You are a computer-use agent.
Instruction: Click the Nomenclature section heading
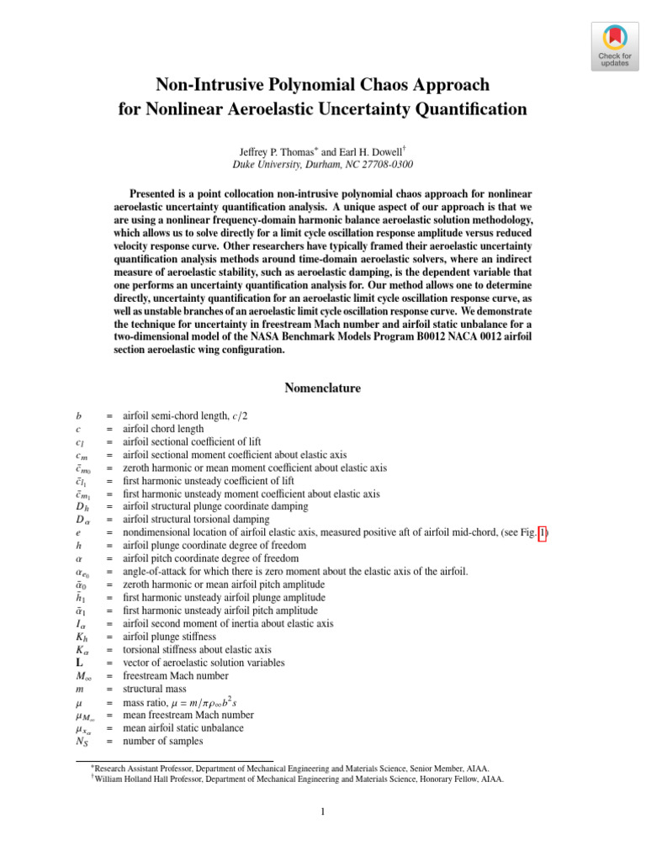point(322,388)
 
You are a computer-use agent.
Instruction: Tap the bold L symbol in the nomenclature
point(78,663)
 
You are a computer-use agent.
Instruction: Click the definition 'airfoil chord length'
point(162,429)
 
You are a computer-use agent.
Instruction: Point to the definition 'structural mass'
point(154,689)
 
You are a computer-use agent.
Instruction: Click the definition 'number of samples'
point(162,742)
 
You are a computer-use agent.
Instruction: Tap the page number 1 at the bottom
point(322,811)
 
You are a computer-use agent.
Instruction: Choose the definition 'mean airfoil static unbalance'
point(183,728)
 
